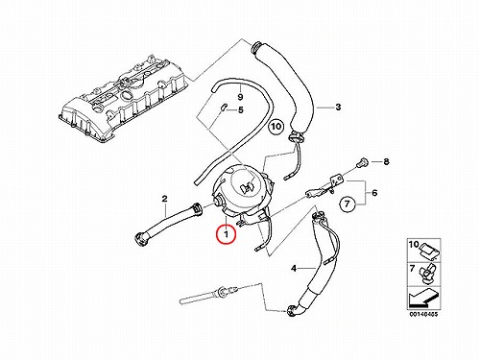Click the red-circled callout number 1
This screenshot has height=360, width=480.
coord(227,234)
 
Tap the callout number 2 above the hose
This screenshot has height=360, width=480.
coord(164,199)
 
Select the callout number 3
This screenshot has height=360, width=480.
coord(338,107)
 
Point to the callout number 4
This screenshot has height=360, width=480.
coord(294,269)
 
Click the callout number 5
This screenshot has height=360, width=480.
coord(241,110)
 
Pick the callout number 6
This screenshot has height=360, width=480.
coord(374,193)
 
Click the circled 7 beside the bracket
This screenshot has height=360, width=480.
coord(348,203)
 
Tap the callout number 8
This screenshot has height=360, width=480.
coord(386,161)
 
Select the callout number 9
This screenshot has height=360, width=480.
coord(240,97)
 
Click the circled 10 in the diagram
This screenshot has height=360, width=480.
coord(276,126)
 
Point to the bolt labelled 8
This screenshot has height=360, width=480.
coord(363,161)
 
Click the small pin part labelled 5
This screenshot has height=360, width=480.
coord(223,108)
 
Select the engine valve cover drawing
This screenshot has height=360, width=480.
coord(122,99)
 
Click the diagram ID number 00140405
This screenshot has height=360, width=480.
coord(423,314)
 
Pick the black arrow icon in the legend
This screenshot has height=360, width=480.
coord(422,299)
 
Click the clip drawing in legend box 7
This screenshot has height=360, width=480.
coord(427,273)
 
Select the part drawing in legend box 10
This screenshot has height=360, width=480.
coord(429,252)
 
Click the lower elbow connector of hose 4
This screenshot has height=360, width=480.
coord(293,309)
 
